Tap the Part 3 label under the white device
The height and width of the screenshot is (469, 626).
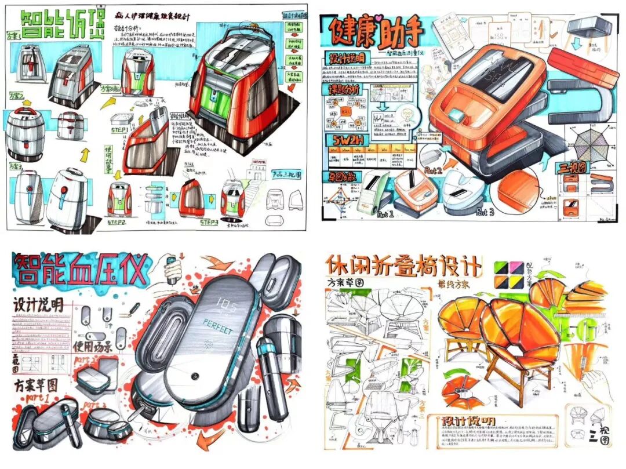pos(485,213)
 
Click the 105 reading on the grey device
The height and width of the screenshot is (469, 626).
pos(225,302)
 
